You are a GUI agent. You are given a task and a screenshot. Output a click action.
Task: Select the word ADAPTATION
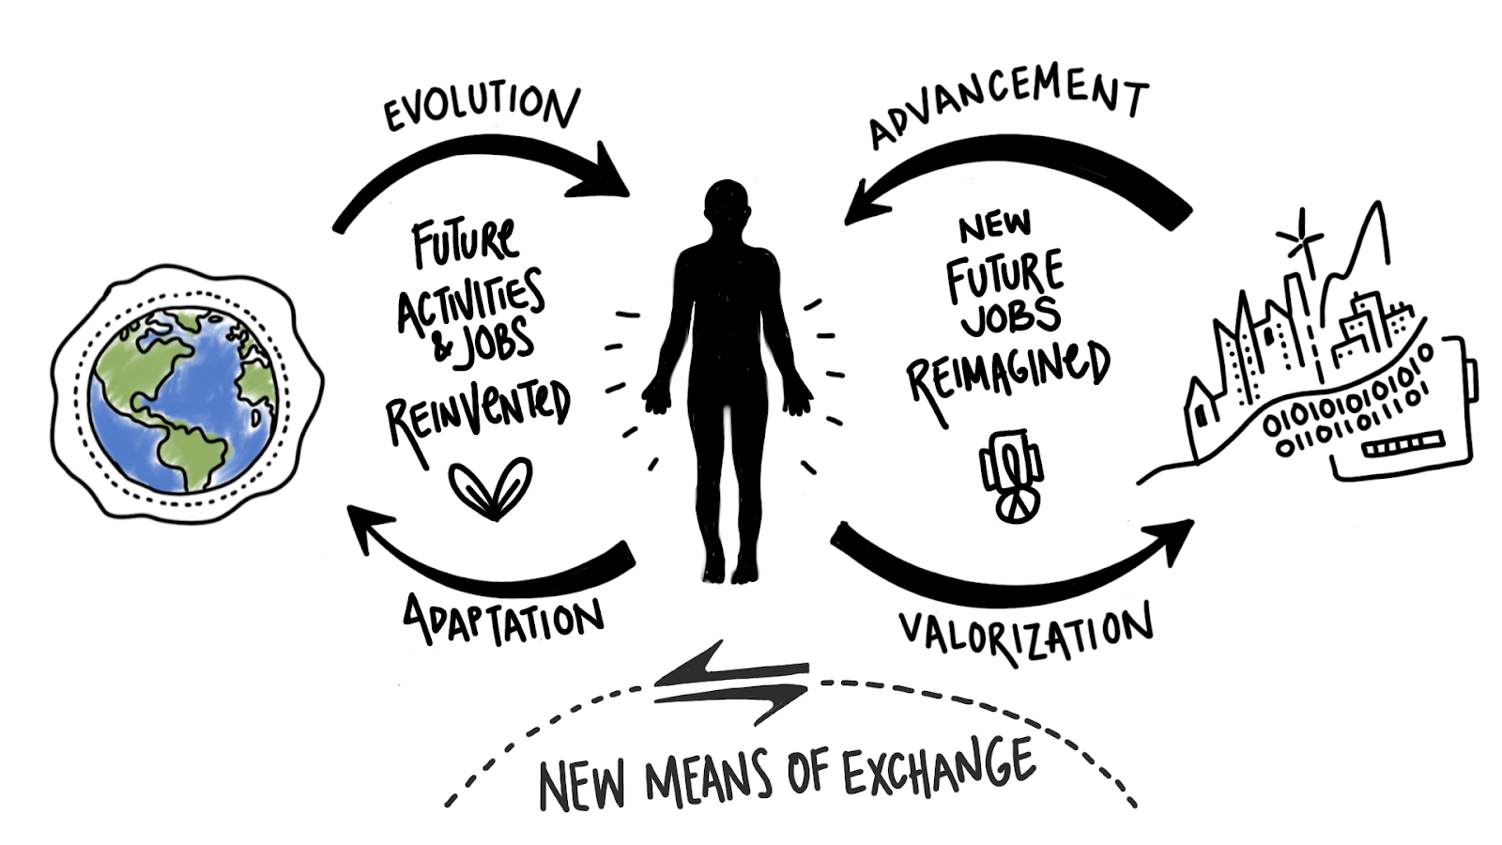coord(503,620)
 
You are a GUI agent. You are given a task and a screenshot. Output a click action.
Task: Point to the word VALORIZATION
coord(1025,631)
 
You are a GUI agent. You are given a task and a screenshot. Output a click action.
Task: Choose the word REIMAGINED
coord(1007,372)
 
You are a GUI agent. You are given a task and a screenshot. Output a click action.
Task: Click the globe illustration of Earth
coord(184,398)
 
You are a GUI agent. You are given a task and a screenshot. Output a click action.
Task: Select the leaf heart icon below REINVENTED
coord(490,486)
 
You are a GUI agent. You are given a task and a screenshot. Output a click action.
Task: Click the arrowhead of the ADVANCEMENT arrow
coord(862,203)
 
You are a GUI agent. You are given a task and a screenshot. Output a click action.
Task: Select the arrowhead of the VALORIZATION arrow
coord(1173,539)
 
